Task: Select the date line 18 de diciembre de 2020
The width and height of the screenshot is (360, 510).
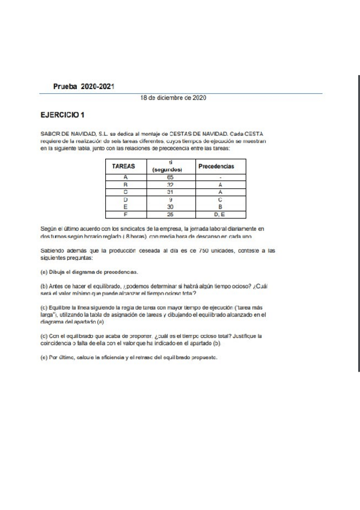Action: [x=174, y=97]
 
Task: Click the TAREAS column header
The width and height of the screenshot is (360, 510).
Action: [x=124, y=166]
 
